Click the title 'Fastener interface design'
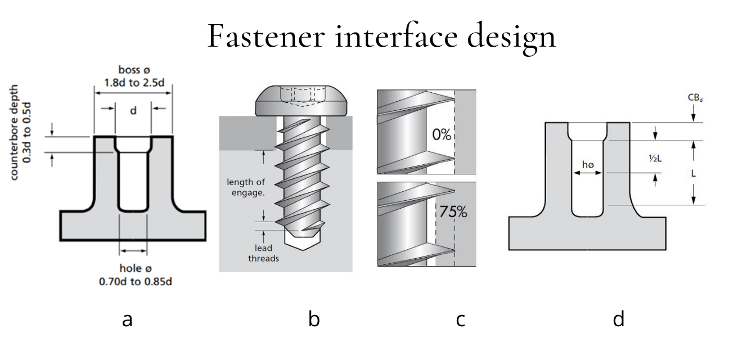point(381,36)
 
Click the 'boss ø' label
point(133,70)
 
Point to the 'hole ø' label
point(133,268)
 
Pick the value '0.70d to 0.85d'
point(133,281)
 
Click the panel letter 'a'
point(127,319)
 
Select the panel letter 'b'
point(314,319)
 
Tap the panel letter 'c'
point(460,319)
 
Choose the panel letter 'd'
point(618,319)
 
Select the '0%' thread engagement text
point(442,135)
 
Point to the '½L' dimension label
point(655,159)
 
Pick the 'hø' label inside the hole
point(588,165)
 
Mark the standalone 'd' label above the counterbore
point(133,111)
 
